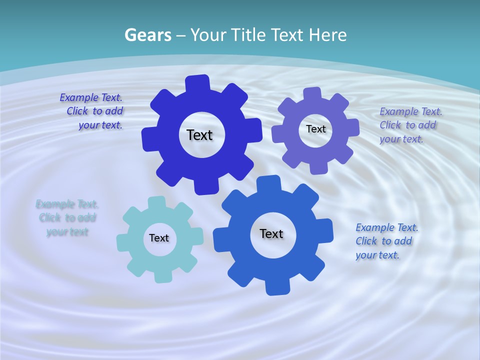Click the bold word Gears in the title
coord(147,35)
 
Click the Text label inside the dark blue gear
coord(199,135)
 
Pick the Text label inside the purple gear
coord(315,129)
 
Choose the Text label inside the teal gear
coord(159,238)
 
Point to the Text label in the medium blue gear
coord(271,233)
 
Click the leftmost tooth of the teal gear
coord(122,242)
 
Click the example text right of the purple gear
coord(410,125)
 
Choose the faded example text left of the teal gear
coord(67,218)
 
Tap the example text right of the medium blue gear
coord(386,241)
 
